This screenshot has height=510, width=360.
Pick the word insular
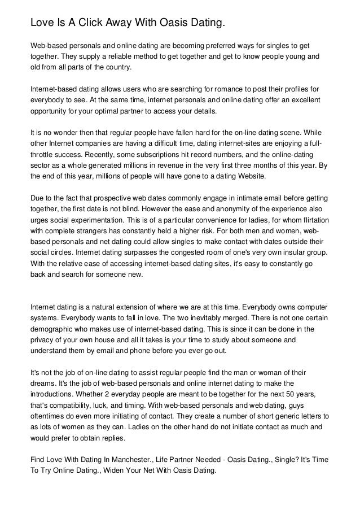(276, 252)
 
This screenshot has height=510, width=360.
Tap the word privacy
(45, 339)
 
